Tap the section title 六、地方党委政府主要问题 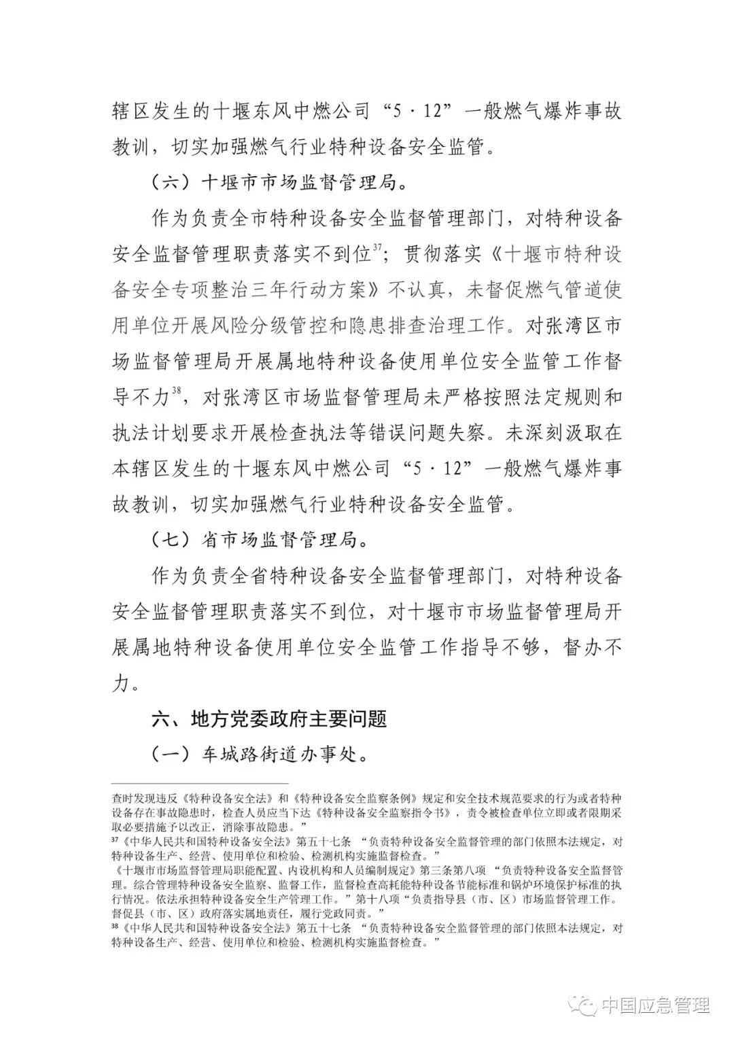pyautogui.click(x=269, y=719)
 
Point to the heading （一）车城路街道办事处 pyautogui.click(x=259, y=755)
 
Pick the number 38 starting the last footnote pyautogui.click(x=113, y=926)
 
